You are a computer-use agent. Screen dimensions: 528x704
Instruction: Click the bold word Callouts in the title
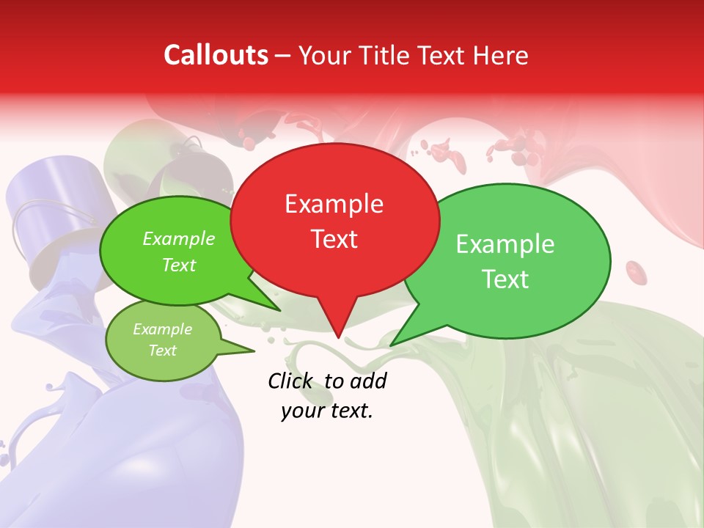coord(216,55)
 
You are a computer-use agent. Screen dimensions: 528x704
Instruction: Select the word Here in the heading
coord(500,56)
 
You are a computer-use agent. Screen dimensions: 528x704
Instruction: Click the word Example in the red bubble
coord(334,204)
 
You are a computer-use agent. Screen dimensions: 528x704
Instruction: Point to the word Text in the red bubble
coord(334,239)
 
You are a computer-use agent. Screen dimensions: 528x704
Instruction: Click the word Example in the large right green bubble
coord(505,244)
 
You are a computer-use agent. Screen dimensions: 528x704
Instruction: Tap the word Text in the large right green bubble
coord(506,279)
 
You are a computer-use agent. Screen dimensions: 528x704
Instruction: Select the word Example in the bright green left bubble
coord(179,238)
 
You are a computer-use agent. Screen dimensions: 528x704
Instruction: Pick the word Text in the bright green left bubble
coord(179,265)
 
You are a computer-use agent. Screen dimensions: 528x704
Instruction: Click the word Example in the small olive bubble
coord(162,329)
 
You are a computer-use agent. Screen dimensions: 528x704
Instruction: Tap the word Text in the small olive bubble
coord(162,351)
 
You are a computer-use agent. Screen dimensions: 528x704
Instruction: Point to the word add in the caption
coord(369,381)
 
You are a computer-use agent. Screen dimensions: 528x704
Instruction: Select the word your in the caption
coord(301,411)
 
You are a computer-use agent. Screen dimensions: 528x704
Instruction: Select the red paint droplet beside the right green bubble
coord(637,273)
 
